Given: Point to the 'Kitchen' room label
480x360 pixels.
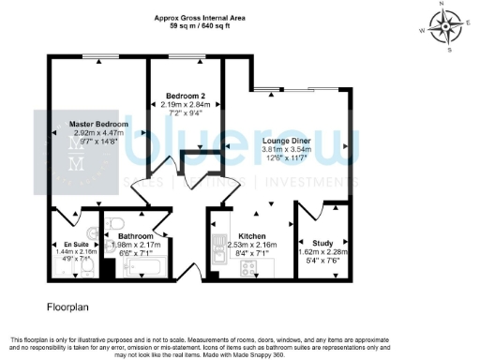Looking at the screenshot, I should [x=252, y=236].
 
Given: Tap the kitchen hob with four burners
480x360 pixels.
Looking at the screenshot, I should [x=250, y=268].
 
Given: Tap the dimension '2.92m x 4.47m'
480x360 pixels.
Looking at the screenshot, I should [x=98, y=134].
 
